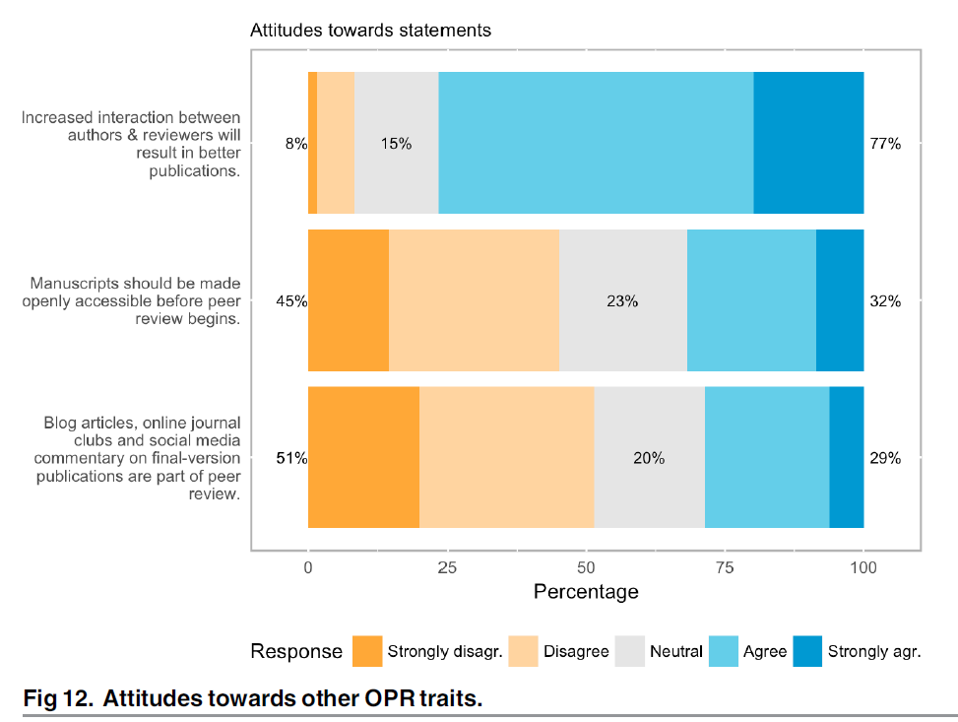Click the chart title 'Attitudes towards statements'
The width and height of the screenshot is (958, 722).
click(x=370, y=31)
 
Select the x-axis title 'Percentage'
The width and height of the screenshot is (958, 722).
click(x=586, y=592)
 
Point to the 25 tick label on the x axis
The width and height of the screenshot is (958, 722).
click(x=447, y=567)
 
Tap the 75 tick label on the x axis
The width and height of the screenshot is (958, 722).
click(x=725, y=567)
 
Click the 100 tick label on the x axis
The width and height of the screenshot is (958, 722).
click(x=863, y=567)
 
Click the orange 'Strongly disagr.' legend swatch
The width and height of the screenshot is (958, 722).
click(x=366, y=651)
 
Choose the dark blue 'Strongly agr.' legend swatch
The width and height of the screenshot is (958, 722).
click(x=806, y=651)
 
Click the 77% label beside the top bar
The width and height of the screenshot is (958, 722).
click(x=885, y=144)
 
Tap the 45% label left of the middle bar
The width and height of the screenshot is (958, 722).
click(x=292, y=301)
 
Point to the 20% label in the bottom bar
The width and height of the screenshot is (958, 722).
click(x=649, y=458)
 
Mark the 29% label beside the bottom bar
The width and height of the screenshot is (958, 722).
click(x=885, y=458)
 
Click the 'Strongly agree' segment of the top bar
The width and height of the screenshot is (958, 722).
click(x=808, y=143)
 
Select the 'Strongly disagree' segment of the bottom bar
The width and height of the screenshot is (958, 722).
click(x=363, y=457)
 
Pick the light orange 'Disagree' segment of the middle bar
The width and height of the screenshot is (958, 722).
click(x=474, y=300)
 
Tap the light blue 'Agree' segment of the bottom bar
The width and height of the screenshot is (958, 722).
click(x=767, y=457)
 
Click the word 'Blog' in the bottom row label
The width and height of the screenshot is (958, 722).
click(x=59, y=424)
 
